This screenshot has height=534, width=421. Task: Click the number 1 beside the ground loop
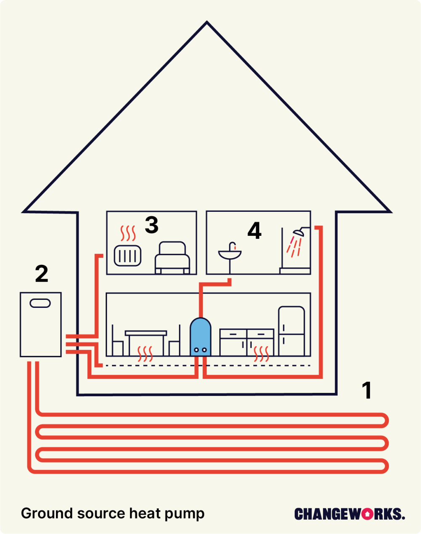point(367,390)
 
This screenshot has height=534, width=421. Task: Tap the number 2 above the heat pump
point(41,274)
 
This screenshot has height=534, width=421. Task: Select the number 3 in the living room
point(152,225)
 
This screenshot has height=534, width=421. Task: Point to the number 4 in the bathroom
point(254,231)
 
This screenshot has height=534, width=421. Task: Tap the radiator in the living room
point(128,256)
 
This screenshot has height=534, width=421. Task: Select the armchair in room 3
point(173,258)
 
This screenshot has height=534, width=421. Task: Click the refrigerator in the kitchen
point(291,331)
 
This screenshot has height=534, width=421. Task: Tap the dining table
point(146,334)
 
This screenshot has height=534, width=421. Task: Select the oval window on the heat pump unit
point(40,303)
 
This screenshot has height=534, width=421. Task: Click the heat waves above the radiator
point(128,233)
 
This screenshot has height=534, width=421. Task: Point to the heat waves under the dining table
point(145,354)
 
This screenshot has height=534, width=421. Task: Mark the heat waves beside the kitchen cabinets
point(261,354)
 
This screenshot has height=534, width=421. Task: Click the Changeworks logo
point(349,514)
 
